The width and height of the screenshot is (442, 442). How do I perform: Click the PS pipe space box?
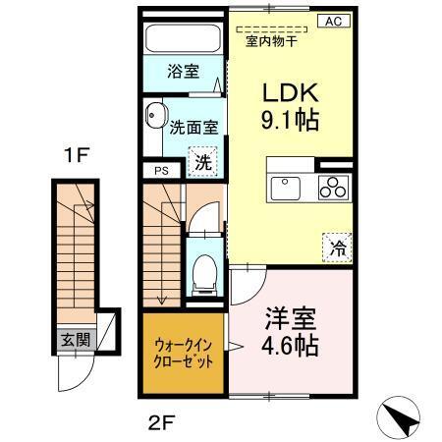(x=160, y=170)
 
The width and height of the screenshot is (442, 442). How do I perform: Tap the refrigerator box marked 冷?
(x=337, y=248)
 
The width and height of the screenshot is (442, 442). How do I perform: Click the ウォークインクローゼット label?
(x=183, y=352)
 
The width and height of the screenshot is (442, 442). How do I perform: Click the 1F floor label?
(x=78, y=154)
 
